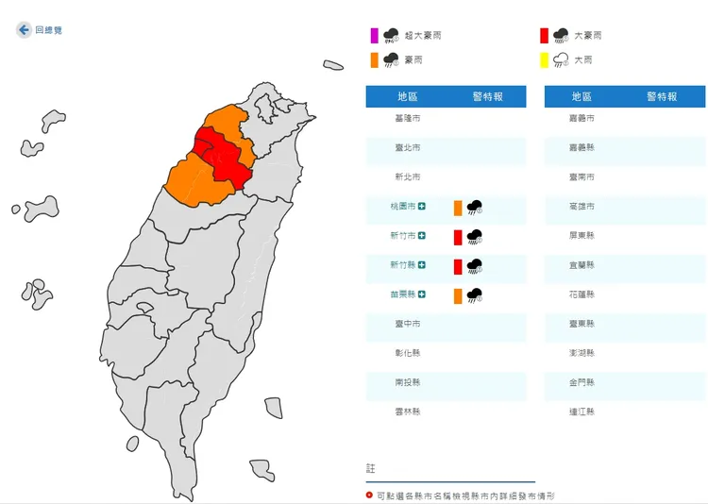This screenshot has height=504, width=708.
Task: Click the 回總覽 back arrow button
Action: tap(24, 30)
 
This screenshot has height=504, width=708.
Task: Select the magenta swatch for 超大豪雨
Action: tap(375, 36)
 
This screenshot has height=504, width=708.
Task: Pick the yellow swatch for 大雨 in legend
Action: tap(544, 60)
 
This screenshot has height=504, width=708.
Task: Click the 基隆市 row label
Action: tap(408, 118)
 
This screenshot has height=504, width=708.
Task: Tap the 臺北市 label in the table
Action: tap(408, 147)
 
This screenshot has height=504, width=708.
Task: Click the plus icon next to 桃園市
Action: tap(423, 207)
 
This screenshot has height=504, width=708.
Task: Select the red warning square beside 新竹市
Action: tap(457, 237)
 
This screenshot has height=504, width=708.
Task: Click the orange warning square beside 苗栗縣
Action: tap(457, 295)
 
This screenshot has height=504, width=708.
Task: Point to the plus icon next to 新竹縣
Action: tap(423, 266)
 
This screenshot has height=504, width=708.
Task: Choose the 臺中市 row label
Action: tap(408, 324)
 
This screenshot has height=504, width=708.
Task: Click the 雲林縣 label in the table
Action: tap(408, 412)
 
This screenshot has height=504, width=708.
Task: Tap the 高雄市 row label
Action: tap(583, 207)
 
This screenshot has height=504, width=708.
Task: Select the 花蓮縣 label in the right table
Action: tap(583, 294)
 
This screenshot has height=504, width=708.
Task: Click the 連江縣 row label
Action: tap(583, 412)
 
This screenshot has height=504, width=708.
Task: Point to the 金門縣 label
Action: tap(583, 382)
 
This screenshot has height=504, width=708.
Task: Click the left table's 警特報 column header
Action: tap(488, 96)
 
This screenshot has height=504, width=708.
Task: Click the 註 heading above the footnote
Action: tap(370, 468)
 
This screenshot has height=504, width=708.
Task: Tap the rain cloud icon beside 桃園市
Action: tap(475, 208)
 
